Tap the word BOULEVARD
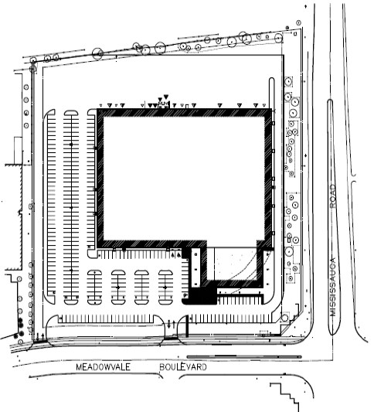pyautogui.click(x=183, y=367)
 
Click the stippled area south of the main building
pyautogui.click(x=233, y=264)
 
